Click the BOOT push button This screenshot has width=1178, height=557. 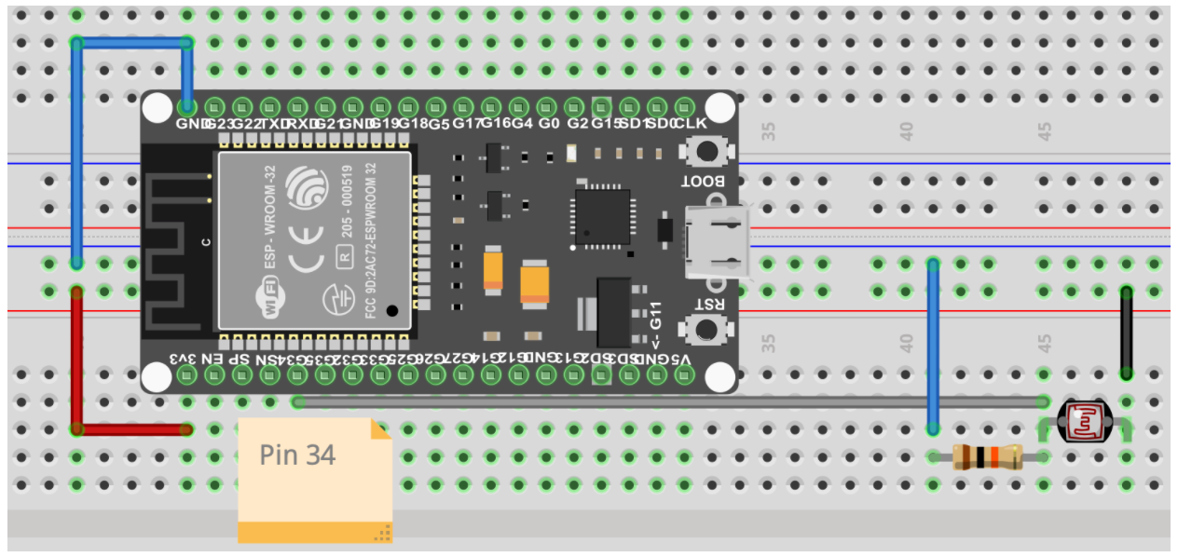[707, 151]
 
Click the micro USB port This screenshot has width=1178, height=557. [716, 244]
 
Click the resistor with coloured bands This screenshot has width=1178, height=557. [987, 456]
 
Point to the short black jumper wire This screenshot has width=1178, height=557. [1127, 332]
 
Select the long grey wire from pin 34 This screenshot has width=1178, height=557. [652, 402]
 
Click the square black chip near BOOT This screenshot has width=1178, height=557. [602, 217]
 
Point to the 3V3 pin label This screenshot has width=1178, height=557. [184, 359]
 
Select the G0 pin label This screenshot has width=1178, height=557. [549, 123]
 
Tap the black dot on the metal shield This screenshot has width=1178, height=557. [392, 310]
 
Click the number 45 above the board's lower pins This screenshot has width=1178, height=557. [1046, 345]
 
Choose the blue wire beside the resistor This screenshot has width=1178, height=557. [933, 345]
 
